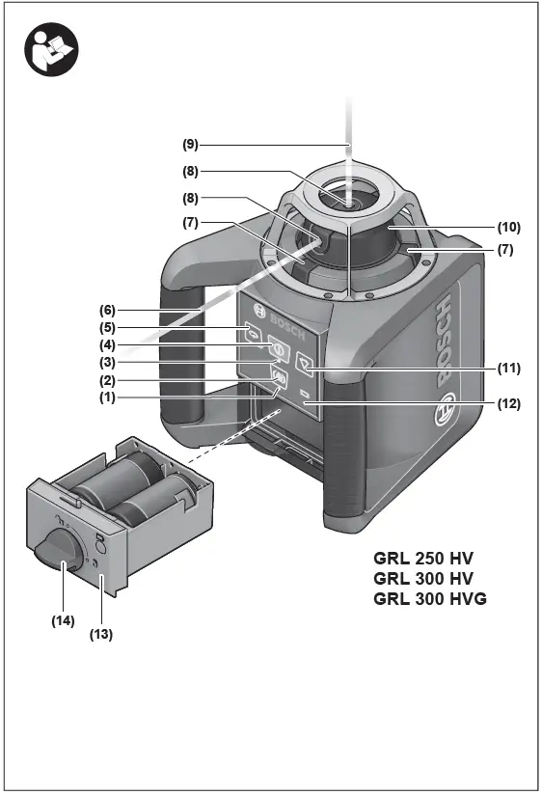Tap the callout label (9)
(x=191, y=144)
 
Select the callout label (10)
(x=509, y=228)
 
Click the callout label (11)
(x=509, y=368)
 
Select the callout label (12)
(x=509, y=405)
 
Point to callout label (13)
(x=101, y=635)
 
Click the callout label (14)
(x=63, y=621)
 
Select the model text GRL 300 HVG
(x=430, y=599)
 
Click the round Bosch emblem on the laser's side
(x=446, y=408)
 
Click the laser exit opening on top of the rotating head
(x=347, y=201)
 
